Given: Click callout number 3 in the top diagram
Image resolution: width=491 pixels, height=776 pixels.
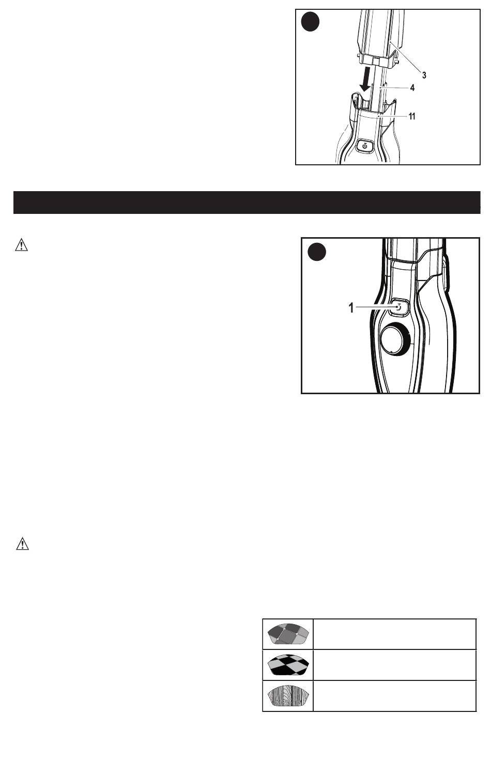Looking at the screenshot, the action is (424, 75).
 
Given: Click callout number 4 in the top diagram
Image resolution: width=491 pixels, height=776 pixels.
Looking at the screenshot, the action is (412, 88).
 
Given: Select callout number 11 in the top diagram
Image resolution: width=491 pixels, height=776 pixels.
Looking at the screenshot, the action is (411, 116).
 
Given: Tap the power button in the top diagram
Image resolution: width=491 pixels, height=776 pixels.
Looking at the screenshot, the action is (365, 146).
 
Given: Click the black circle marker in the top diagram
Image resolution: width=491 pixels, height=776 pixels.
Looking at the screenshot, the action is (310, 22).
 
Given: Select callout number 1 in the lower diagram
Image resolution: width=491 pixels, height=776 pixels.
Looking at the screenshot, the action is (351, 307).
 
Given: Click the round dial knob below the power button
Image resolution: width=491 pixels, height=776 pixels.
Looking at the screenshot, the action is (395, 338).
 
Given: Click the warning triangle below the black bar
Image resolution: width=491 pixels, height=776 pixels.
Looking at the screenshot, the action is (22, 244).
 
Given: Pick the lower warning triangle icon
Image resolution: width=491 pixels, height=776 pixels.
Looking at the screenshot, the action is (23, 544).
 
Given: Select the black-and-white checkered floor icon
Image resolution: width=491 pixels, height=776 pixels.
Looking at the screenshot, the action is (288, 664).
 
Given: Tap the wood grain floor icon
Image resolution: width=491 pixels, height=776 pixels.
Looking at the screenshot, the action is (288, 695).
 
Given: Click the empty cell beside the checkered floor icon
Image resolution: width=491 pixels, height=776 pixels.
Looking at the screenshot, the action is (395, 665).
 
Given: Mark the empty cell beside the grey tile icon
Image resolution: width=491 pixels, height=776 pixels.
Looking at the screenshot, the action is (395, 634).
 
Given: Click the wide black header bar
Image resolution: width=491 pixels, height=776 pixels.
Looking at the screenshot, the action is (247, 203).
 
